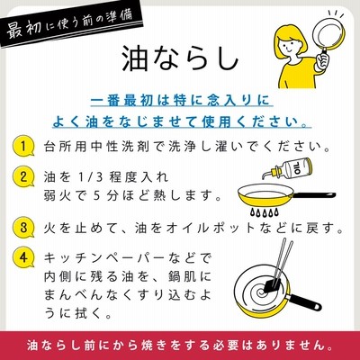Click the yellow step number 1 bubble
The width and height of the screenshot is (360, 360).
click(x=23, y=146)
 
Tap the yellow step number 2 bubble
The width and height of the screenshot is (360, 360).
click(x=23, y=176)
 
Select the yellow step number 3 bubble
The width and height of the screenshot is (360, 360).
click(x=23, y=228)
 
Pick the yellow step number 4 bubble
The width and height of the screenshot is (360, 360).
click(x=23, y=258)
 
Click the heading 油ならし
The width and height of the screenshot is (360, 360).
click(x=180, y=59)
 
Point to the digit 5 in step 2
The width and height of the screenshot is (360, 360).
click(x=96, y=196)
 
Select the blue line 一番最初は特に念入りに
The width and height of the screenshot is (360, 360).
click(x=180, y=101)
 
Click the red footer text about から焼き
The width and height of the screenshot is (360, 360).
click(x=180, y=346)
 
